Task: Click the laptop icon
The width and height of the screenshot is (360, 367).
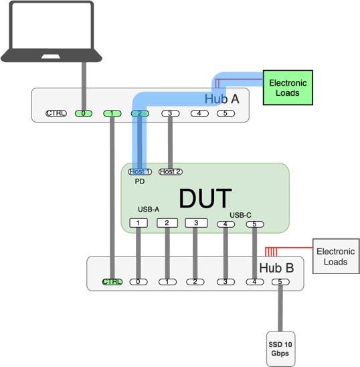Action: click(x=52, y=31)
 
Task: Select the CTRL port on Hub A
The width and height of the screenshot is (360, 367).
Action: click(x=56, y=114)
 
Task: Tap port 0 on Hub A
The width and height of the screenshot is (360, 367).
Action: click(x=84, y=114)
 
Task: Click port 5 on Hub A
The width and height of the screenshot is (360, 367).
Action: click(x=226, y=114)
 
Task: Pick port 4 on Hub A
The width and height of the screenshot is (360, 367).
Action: click(x=199, y=114)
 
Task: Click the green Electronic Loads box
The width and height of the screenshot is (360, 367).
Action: click(x=288, y=88)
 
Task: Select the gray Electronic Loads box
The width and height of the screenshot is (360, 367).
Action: click(x=336, y=256)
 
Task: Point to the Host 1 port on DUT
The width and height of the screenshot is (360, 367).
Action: click(x=140, y=172)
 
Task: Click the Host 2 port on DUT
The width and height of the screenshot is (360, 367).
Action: click(x=171, y=172)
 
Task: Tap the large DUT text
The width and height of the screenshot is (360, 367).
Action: click(x=205, y=198)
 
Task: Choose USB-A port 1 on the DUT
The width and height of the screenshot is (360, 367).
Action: click(x=139, y=223)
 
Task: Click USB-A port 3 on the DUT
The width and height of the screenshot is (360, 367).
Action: click(x=196, y=223)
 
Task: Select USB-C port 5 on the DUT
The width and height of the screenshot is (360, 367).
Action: click(x=255, y=224)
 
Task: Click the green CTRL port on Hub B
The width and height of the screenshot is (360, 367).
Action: click(x=112, y=282)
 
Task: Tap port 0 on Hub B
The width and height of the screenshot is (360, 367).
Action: click(x=139, y=282)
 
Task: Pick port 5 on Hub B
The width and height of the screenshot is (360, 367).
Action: click(x=280, y=282)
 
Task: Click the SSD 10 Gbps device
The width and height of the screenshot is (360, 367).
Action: click(x=280, y=349)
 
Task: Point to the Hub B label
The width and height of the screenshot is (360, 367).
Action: click(x=276, y=268)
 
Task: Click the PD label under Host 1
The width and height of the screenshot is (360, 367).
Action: click(x=140, y=181)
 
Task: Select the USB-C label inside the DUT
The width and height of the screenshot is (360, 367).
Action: click(x=240, y=215)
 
